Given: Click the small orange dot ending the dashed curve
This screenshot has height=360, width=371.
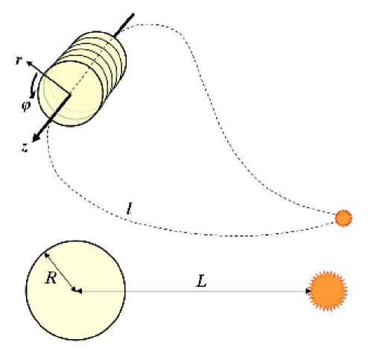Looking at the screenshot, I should [343, 218].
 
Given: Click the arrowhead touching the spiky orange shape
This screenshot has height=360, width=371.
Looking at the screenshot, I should [308, 291].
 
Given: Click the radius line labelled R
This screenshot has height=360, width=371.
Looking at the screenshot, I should [61, 273].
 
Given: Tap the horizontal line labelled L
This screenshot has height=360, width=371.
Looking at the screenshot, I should [194, 291].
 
